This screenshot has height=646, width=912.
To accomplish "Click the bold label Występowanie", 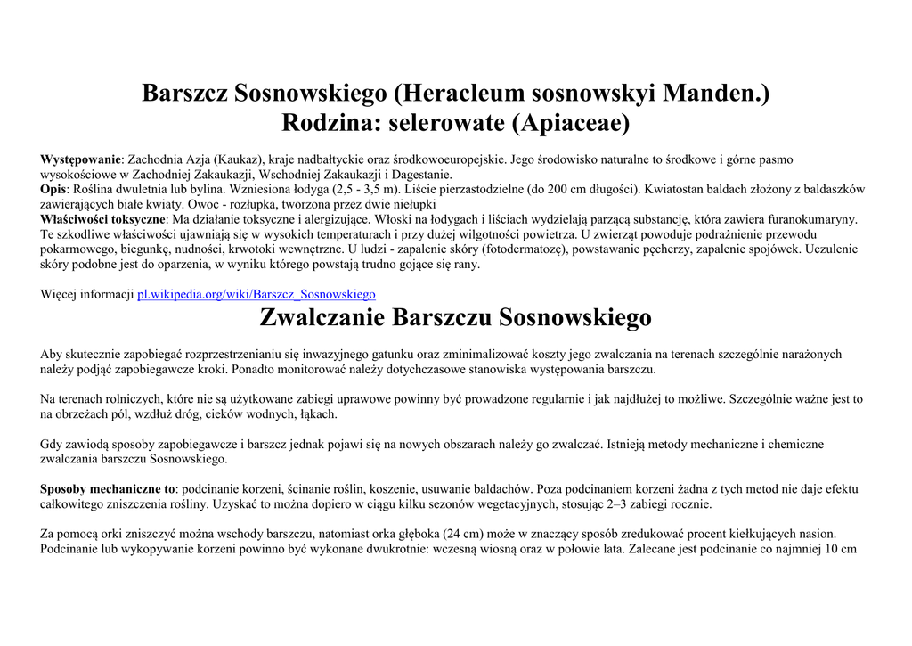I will click(80, 159).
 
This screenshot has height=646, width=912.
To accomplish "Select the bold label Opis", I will click(53, 190).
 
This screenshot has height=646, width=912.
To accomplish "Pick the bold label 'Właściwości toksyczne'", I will click(103, 219).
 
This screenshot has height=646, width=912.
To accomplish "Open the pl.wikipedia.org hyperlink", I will click(256, 294).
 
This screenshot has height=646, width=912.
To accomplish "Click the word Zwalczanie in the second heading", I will click(322, 317).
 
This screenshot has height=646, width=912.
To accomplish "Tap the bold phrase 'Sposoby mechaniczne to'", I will click(108, 489).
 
